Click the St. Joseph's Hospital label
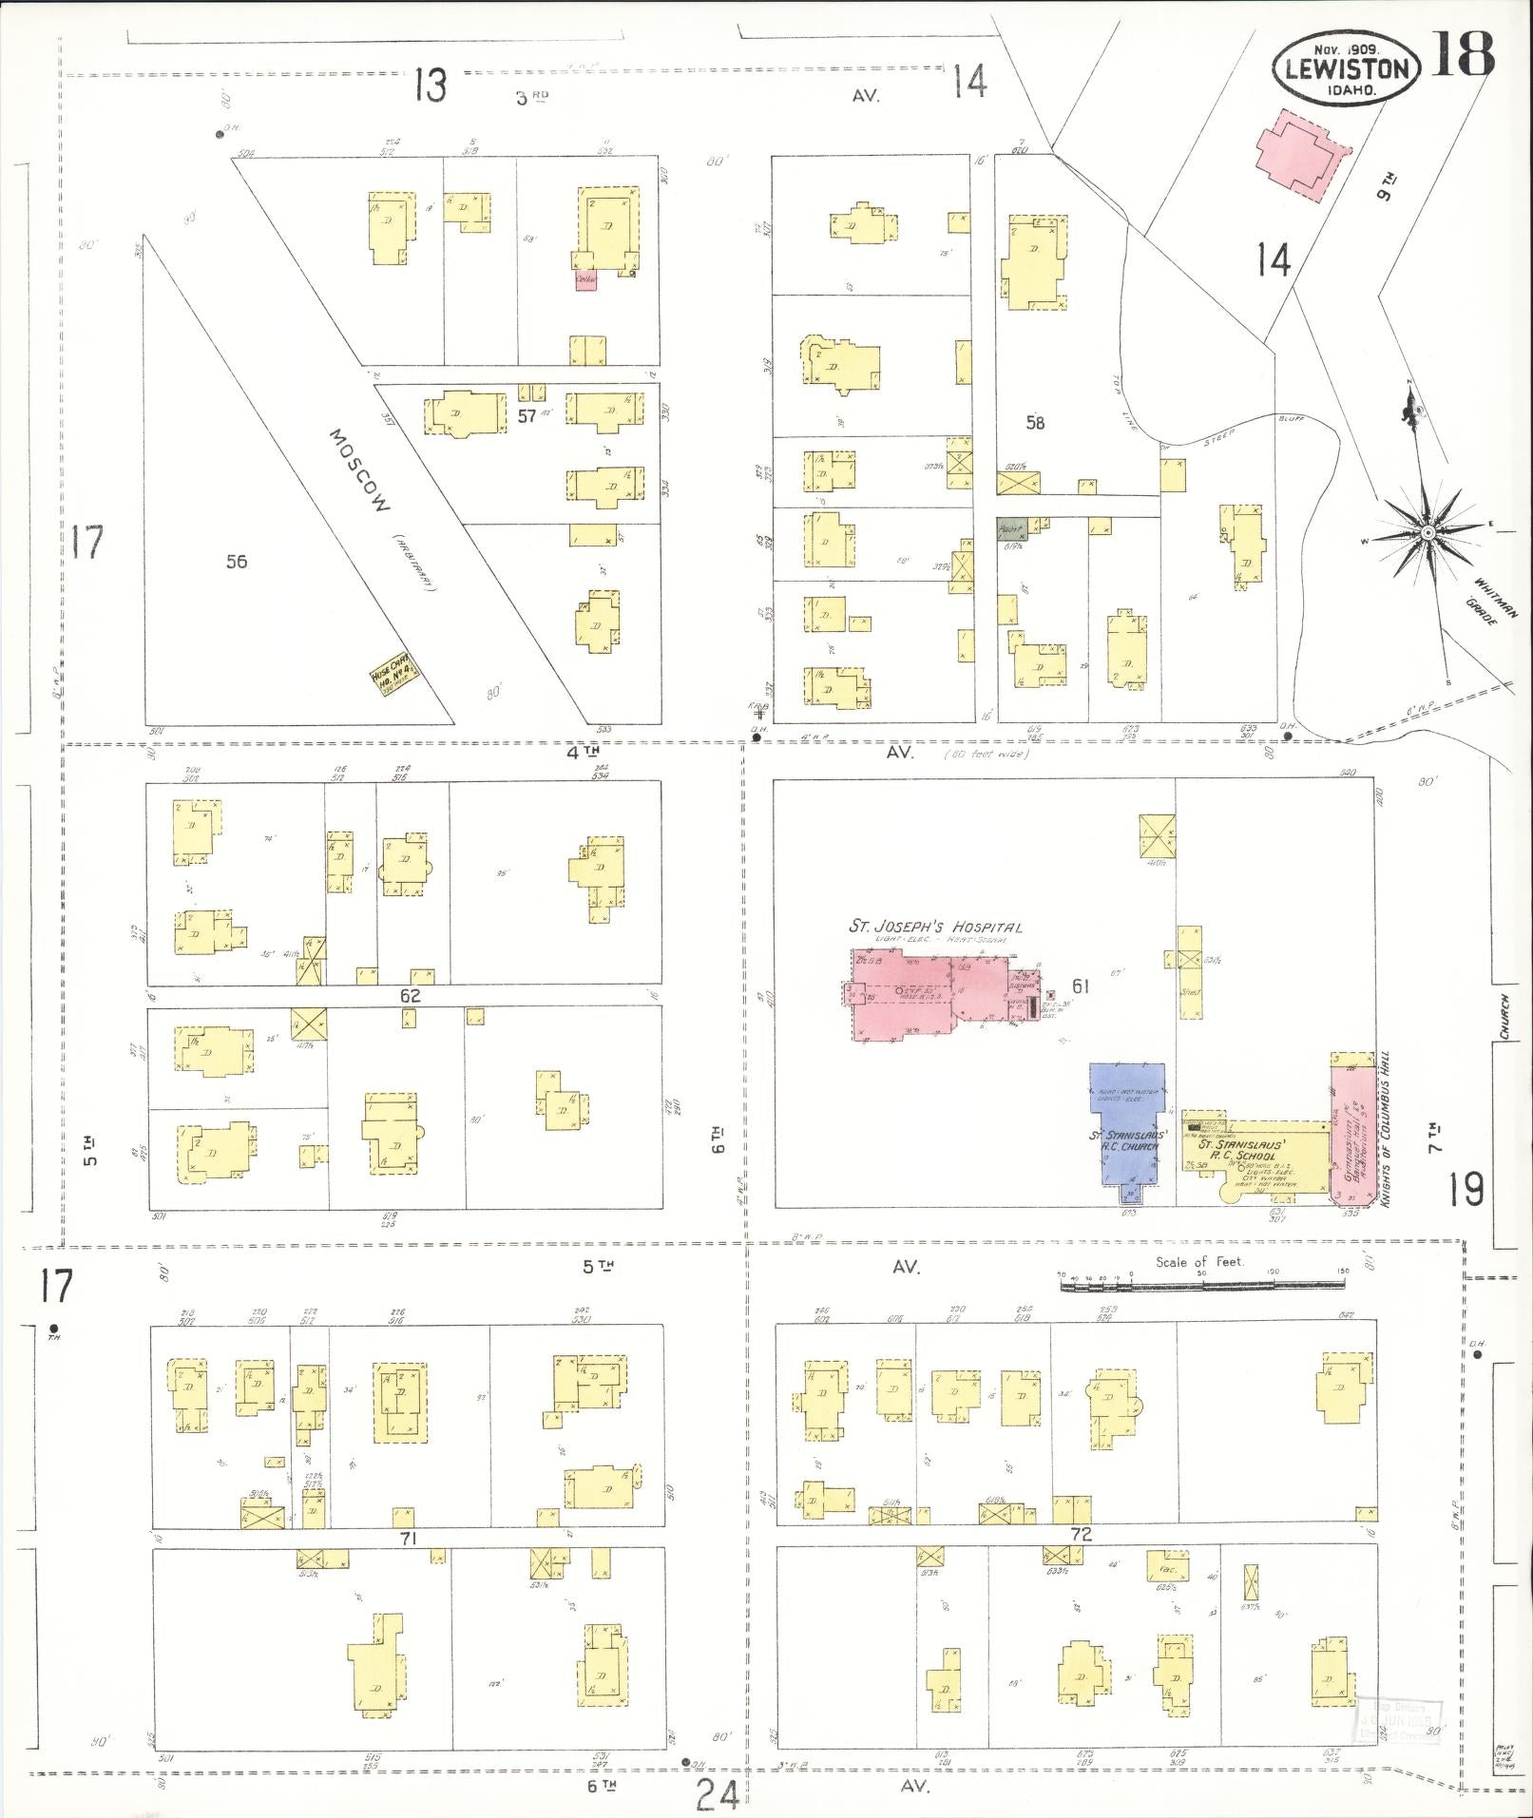[935, 928]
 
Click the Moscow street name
[361, 469]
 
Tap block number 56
[237, 562]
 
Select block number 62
[410, 997]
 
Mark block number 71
[409, 1538]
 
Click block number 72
[1081, 1534]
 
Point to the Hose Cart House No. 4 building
[395, 679]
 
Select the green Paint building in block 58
[1010, 529]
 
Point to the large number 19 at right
[1466, 1189]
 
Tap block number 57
[527, 415]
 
